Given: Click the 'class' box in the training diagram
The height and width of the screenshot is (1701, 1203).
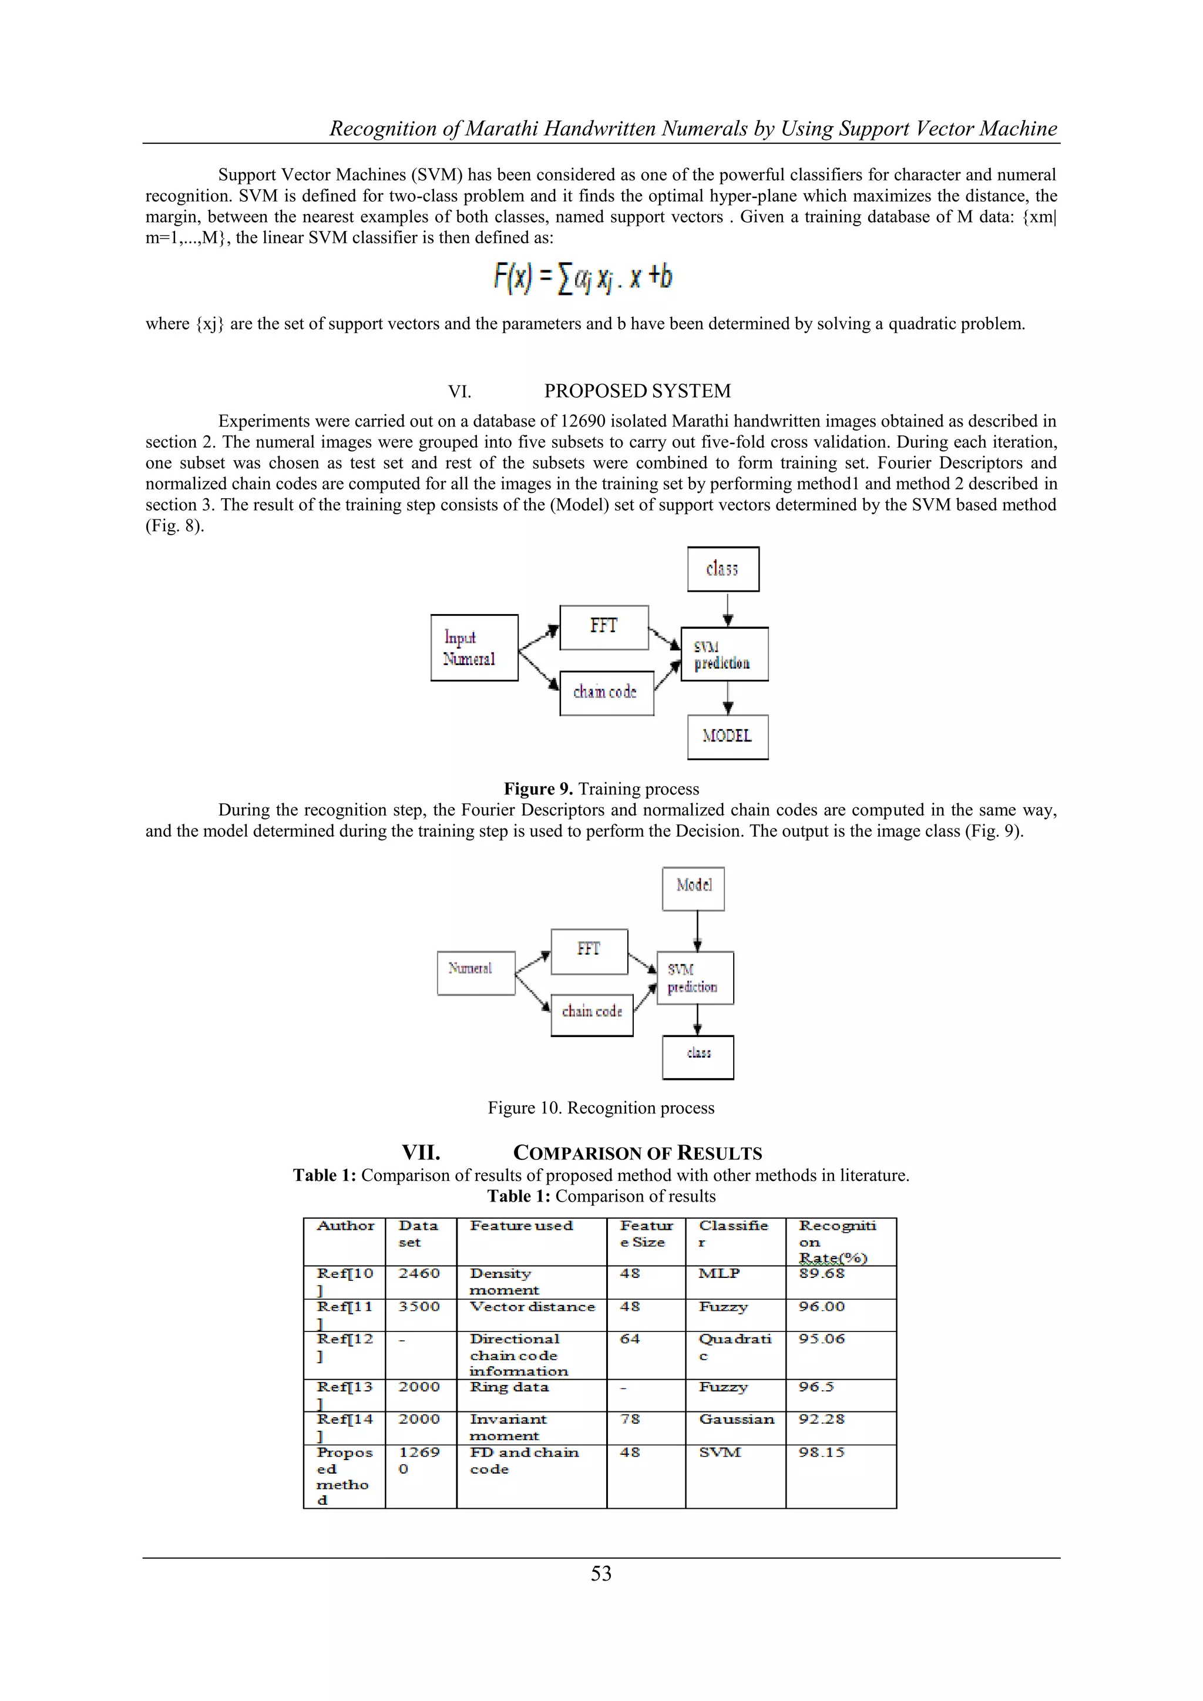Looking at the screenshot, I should [723, 569].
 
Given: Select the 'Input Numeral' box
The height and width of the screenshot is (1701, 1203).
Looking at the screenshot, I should [474, 647].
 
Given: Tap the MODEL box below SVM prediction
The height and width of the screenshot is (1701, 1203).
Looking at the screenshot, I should [727, 736].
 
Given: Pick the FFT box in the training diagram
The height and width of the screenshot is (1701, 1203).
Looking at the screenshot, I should [604, 627].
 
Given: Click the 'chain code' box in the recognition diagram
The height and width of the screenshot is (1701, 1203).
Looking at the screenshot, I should [592, 1014].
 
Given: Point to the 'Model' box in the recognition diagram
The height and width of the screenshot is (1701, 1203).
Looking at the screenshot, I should [693, 888].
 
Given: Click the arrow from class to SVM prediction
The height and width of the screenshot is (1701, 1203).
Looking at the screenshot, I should [728, 609].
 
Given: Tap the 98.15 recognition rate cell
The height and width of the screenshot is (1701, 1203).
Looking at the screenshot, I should [822, 1452].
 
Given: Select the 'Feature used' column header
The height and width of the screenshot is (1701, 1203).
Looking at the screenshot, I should [522, 1226].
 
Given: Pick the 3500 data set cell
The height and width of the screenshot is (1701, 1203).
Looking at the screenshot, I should [419, 1306].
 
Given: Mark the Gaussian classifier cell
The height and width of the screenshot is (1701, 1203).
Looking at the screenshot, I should [737, 1419].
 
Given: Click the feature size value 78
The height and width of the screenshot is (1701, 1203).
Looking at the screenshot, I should [630, 1419].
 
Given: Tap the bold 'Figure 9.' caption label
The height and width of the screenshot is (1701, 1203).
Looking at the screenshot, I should [538, 789].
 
